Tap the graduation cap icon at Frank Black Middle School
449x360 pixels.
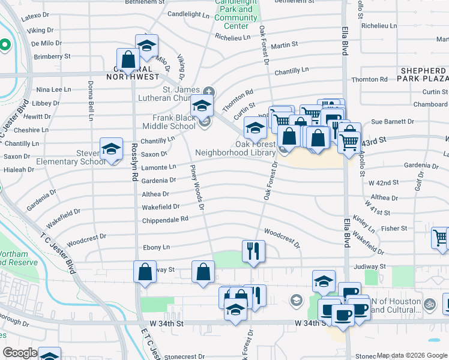click(x=202, y=106)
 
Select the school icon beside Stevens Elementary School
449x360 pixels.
click(x=111, y=148)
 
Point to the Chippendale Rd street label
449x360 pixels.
click(x=165, y=220)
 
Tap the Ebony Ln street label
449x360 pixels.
click(x=156, y=247)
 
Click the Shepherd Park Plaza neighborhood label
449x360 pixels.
click(x=423, y=74)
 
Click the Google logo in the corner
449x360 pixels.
click(x=20, y=353)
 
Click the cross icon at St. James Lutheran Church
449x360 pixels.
click(x=208, y=91)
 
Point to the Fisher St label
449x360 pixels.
click(x=394, y=229)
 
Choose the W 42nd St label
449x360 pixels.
click(x=384, y=182)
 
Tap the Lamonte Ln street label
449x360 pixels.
click(x=158, y=167)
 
